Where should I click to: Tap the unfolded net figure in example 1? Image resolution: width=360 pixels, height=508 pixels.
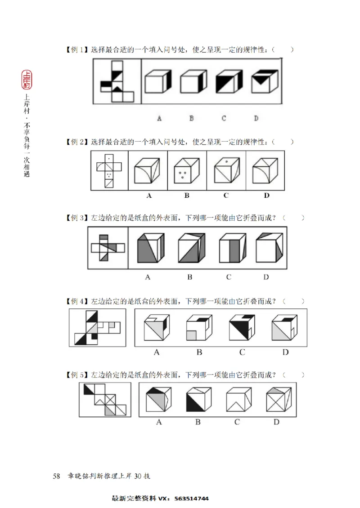pos(116,80)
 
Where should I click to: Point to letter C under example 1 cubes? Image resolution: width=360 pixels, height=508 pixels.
pos(224,119)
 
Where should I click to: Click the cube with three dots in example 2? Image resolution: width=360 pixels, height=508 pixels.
pos(187,171)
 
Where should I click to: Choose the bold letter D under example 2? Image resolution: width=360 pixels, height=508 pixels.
pos(266,195)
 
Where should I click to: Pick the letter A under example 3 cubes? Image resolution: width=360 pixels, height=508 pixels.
pos(147,277)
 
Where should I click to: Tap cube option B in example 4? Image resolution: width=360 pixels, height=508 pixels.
pos(199,328)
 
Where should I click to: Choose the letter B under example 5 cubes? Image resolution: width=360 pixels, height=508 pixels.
pos(198,422)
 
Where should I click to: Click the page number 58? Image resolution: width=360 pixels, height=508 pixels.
pos(57,476)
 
